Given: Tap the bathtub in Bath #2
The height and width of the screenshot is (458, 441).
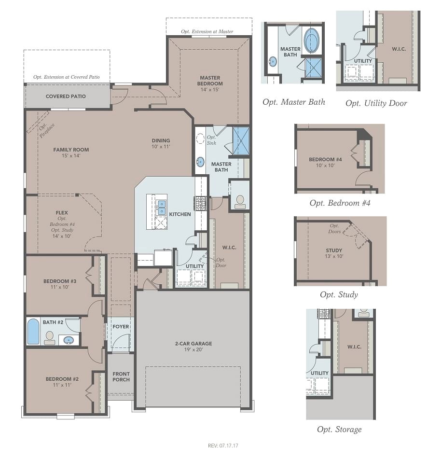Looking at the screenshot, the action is pos(33,332).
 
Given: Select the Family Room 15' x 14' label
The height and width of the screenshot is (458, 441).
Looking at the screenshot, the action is pos(71,153).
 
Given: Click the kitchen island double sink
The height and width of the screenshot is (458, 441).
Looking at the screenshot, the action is pos(162,207).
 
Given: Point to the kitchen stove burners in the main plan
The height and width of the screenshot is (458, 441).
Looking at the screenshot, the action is pos(200,203).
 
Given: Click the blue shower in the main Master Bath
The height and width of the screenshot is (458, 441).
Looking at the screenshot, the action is pos(241,141).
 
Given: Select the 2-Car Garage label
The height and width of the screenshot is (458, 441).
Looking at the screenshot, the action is pos(193,347).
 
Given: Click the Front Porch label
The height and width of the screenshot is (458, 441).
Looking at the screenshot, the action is pos(121,377).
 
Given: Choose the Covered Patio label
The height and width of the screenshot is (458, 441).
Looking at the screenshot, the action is pos(66,97).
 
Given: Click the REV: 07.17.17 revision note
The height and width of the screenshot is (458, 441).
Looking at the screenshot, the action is pos(223,446).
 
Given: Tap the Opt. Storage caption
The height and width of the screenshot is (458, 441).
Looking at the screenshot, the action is pos(339,430).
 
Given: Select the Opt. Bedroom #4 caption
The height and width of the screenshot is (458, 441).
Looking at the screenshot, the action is pos(340,203).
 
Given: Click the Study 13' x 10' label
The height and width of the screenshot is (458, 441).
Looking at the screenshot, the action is pos(334,253).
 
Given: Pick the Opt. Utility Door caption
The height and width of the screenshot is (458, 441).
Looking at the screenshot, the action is pos(376,103).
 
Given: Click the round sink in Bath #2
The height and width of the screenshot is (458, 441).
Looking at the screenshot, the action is pos(69,340).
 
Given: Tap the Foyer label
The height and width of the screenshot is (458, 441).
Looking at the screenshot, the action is pos(121,327).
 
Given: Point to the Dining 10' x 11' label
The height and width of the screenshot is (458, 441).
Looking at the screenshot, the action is pos(161,143).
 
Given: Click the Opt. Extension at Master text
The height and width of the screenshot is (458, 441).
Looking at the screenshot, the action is pos(207,31).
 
